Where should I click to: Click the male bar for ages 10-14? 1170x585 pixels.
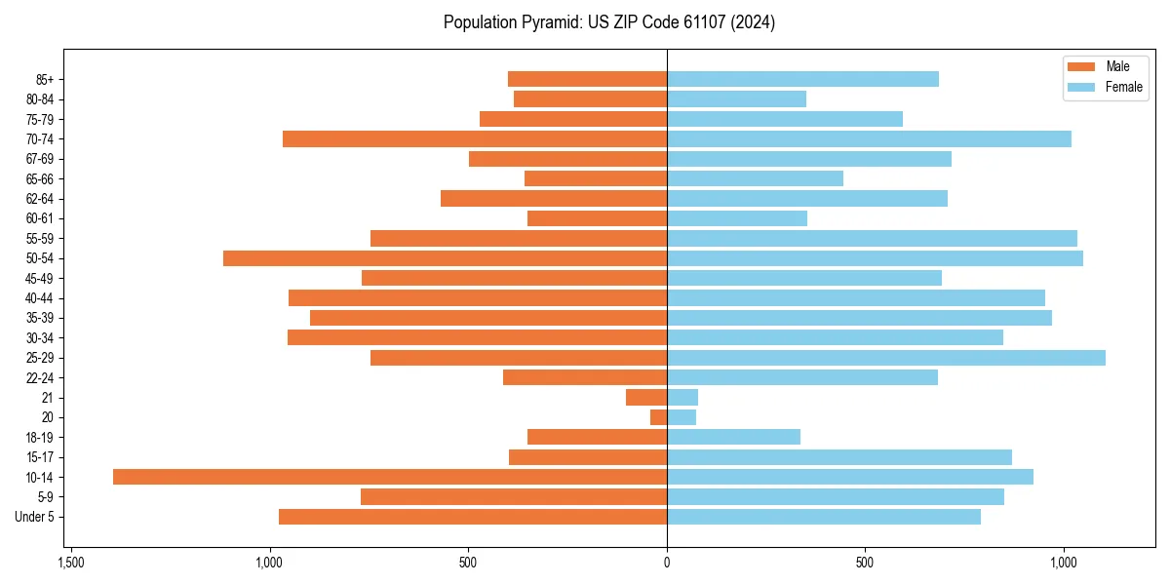[390, 477]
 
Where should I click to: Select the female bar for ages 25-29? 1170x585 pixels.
[885, 358]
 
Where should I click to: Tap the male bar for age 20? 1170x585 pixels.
[659, 417]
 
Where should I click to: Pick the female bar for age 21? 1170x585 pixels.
[682, 397]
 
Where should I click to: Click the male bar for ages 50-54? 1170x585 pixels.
[445, 258]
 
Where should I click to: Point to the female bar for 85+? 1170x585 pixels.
[802, 79]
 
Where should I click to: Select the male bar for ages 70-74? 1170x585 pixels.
[475, 139]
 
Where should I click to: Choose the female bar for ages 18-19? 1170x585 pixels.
[733, 437]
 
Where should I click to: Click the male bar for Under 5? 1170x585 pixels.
[473, 517]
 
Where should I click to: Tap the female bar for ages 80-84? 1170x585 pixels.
[736, 98]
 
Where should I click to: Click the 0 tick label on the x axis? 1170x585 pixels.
[667, 563]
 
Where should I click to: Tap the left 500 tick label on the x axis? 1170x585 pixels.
[468, 563]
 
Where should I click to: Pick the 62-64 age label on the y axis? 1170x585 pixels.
[39, 199]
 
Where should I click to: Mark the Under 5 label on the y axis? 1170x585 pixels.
[34, 517]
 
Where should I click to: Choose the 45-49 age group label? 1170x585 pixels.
[39, 278]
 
